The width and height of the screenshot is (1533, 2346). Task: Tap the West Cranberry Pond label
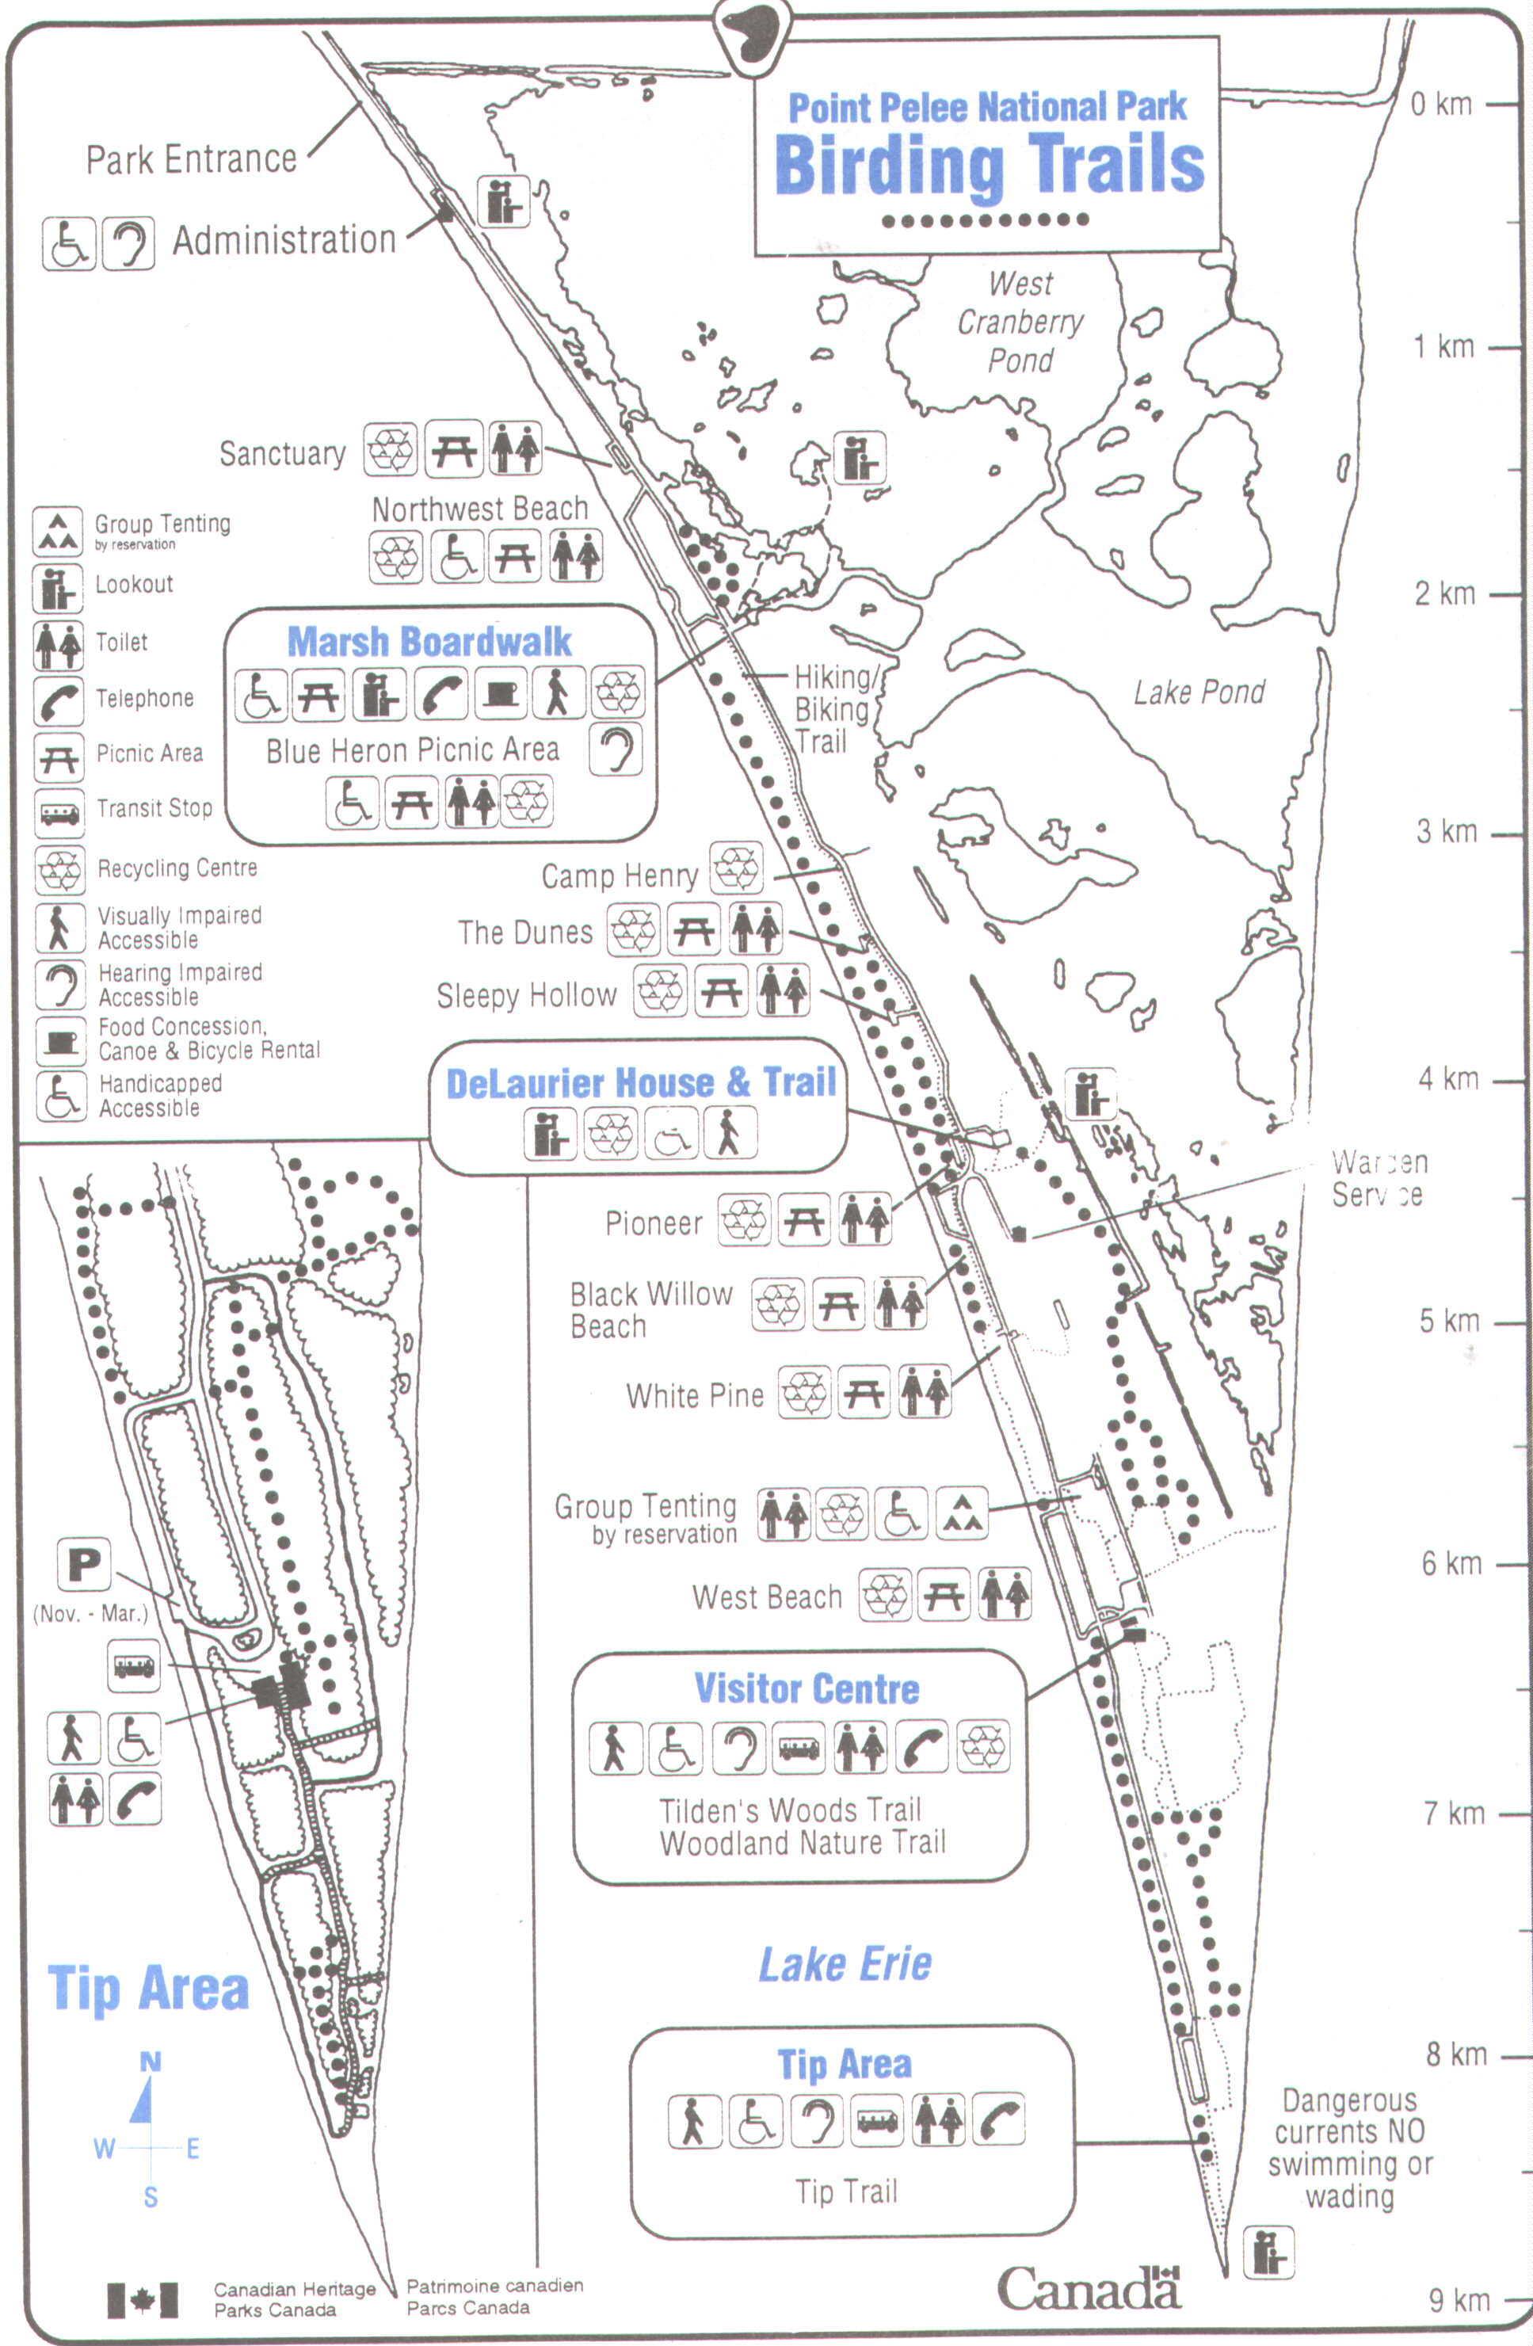1020,322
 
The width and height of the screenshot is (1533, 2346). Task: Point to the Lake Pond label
1199,693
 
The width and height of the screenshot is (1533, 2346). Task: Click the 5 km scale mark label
1449,1321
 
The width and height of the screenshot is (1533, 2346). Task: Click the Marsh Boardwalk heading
429,642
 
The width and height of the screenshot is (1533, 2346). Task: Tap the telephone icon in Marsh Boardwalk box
440,693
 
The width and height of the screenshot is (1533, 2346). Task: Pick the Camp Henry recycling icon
737,868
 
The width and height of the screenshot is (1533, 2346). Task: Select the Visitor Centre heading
807,1688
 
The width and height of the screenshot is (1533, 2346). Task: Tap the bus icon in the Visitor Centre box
799,1748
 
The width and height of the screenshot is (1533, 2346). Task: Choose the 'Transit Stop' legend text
154,808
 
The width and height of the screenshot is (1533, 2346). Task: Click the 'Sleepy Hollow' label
526,997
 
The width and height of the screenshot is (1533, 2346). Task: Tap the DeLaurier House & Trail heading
641,1082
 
